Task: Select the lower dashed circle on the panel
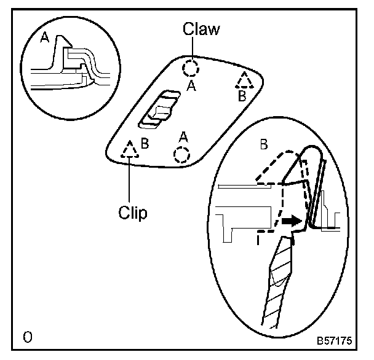181,154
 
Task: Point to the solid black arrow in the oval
292,219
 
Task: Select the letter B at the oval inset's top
263,145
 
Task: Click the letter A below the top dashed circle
191,87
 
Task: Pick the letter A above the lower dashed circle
182,135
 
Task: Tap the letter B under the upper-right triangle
242,96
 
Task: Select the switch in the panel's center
159,109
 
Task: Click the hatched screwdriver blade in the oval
277,283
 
